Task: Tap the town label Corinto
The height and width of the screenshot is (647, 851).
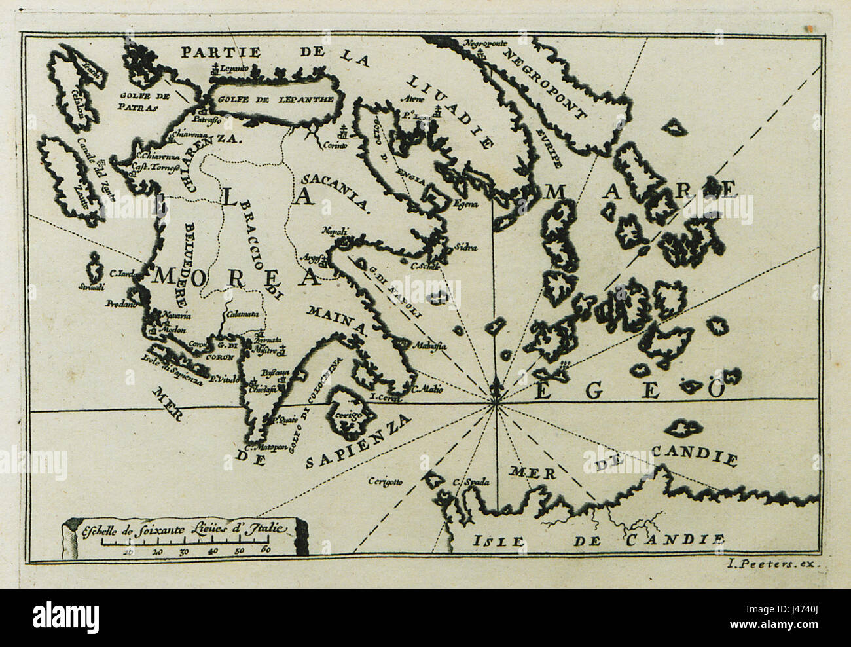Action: (333, 147)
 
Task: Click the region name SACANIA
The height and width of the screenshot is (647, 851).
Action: (335, 189)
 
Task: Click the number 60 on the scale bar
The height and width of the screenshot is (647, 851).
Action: (265, 551)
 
